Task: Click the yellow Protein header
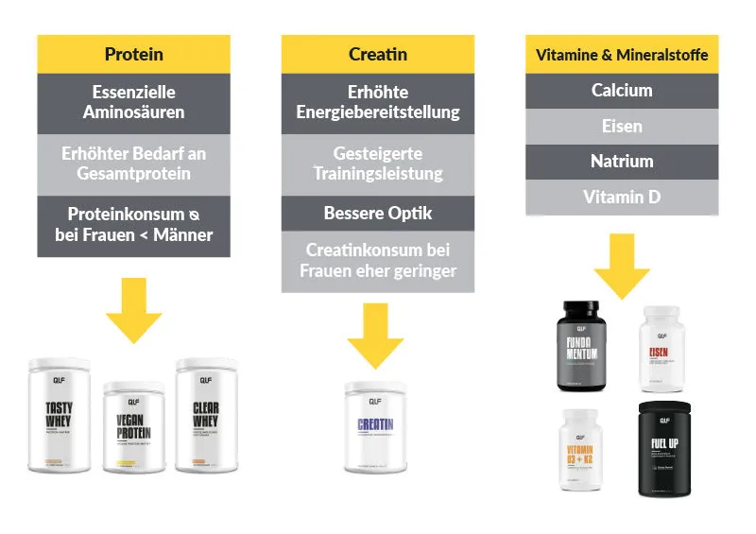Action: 133,54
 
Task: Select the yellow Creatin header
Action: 378,54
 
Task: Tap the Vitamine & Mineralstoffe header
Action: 621,54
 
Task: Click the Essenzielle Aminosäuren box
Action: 133,102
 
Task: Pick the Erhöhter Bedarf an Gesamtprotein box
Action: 133,163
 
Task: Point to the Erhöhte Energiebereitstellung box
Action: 378,102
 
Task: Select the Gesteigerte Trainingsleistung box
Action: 378,163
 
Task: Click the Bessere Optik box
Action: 378,213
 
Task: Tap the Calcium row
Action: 621,91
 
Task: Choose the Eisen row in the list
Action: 621,126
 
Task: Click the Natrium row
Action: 621,162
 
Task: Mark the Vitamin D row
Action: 621,198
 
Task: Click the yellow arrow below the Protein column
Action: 133,307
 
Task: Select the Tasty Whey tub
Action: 60,416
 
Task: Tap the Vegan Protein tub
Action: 133,427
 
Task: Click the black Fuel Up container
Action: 671,449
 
